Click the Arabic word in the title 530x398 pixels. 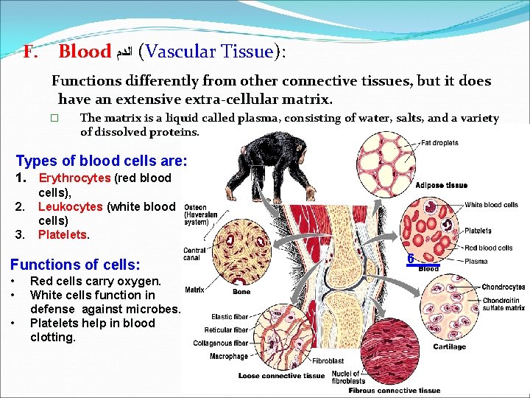122,52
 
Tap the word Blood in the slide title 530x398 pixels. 84,52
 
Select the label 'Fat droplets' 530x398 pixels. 439,143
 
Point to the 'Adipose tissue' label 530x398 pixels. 442,185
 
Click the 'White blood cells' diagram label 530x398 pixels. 491,205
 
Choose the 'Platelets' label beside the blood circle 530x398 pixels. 478,231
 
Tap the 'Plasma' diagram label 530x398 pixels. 476,261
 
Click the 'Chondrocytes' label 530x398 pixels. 503,287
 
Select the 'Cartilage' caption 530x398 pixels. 449,346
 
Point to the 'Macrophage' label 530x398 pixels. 228,357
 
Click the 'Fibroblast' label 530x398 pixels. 328,361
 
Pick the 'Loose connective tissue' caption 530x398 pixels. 282,376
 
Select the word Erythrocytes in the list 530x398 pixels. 74,178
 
